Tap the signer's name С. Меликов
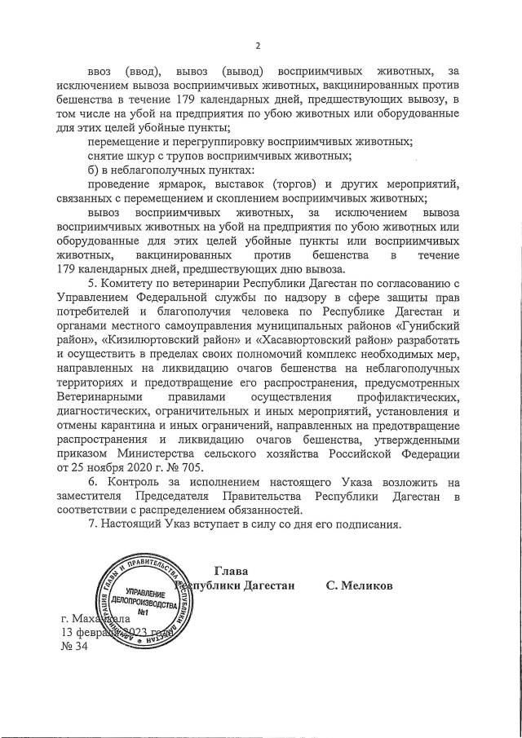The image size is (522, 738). pos(359,586)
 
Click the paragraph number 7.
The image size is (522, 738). pos(91,524)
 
